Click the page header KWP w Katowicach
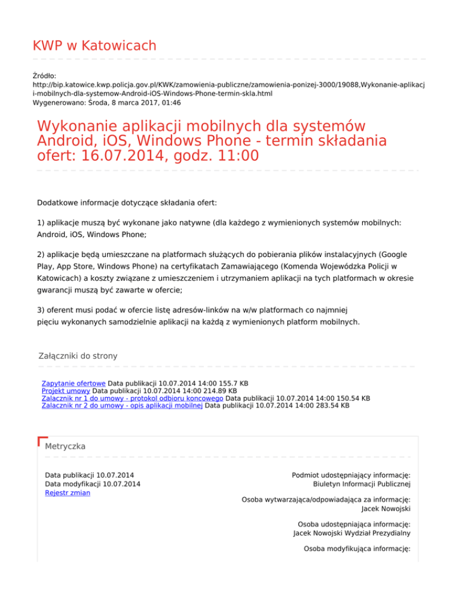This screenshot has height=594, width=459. [x=94, y=45]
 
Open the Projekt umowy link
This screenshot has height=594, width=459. [x=66, y=390]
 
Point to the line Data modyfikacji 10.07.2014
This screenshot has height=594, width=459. [x=93, y=484]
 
